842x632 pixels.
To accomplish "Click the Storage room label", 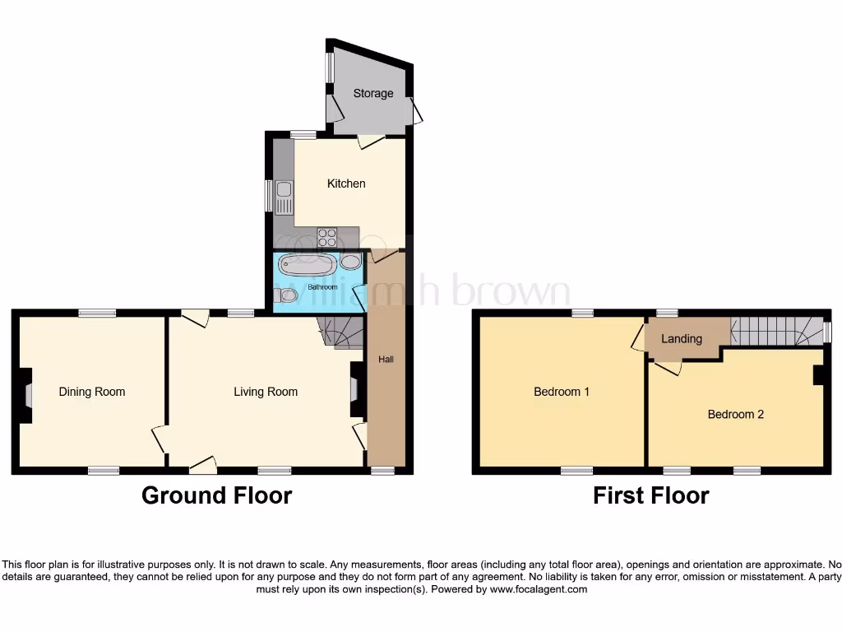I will pyautogui.click(x=373, y=93).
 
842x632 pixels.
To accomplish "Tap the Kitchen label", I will pyautogui.click(x=346, y=183).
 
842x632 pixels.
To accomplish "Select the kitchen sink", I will pyautogui.click(x=283, y=197).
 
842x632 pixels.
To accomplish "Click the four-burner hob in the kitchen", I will pyautogui.click(x=327, y=237).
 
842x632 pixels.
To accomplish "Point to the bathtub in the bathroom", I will pyautogui.click(x=307, y=265).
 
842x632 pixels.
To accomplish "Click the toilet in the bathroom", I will pyautogui.click(x=287, y=295).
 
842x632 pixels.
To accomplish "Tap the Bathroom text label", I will pyautogui.click(x=322, y=287).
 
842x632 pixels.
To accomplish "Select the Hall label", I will pyautogui.click(x=386, y=360).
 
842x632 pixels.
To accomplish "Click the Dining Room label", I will pyautogui.click(x=92, y=392).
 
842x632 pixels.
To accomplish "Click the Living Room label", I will pyautogui.click(x=266, y=392).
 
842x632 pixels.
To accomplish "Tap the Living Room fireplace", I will pyautogui.click(x=355, y=388).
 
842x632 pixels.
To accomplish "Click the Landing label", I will pyautogui.click(x=682, y=338).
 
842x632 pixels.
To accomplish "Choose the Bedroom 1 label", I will pyautogui.click(x=562, y=392).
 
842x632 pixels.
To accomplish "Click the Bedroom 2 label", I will pyautogui.click(x=736, y=414).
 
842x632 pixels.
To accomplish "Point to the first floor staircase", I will pyautogui.click(x=777, y=331).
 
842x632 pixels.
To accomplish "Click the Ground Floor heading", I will pyautogui.click(x=216, y=495).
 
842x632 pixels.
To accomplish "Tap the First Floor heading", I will pyautogui.click(x=651, y=495).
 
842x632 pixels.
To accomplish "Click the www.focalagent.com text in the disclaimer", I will pyautogui.click(x=538, y=589).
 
